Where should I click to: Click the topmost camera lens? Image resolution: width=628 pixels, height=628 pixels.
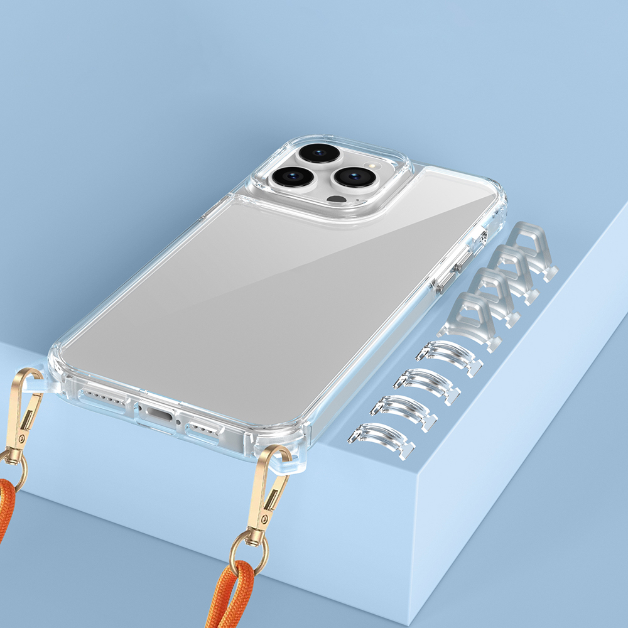coord(320,153)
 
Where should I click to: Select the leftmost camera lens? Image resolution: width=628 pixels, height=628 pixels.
coord(293,176)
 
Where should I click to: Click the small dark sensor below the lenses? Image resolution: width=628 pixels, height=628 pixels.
coord(337,200)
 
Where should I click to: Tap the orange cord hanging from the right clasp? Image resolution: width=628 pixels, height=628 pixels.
coord(232,597)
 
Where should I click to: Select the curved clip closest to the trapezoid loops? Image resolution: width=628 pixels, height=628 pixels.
coord(448,355)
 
